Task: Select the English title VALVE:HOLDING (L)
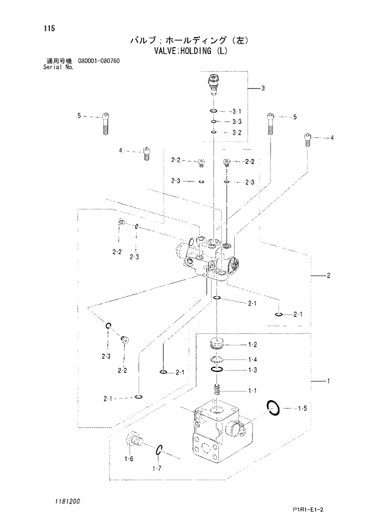(x=188, y=51)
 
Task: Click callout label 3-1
(x=237, y=112)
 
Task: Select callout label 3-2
(x=237, y=132)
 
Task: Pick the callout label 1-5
(x=302, y=408)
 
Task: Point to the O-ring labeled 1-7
(x=158, y=450)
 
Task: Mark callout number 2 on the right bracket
(x=328, y=276)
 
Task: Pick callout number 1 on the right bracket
(x=328, y=381)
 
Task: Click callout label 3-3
(x=237, y=122)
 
